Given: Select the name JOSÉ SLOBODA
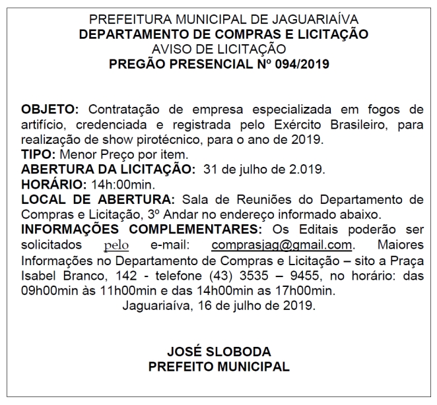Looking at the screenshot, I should tap(218, 351).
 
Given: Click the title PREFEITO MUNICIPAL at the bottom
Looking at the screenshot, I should tap(218, 367).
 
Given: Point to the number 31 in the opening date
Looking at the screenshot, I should tap(213, 170).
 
